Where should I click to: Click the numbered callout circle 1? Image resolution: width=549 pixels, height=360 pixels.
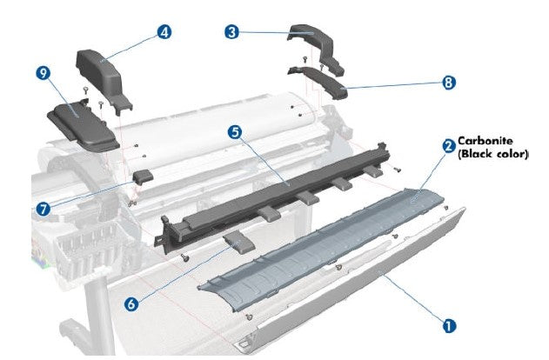[449, 325]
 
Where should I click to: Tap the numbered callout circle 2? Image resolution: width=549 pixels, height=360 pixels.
[448, 147]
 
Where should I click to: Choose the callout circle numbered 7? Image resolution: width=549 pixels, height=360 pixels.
[44, 208]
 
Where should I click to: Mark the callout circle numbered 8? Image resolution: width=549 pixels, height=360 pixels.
[449, 83]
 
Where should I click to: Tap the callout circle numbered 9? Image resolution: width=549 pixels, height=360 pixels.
[42, 75]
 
